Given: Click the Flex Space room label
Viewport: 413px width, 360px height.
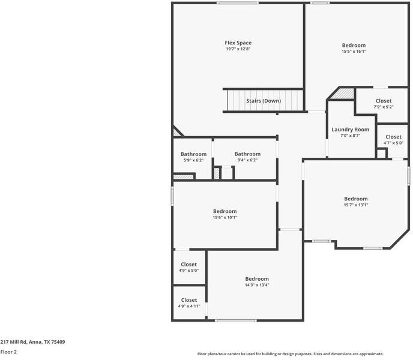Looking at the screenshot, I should pos(238,43).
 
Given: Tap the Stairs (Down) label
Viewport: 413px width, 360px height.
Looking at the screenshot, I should pos(263,101).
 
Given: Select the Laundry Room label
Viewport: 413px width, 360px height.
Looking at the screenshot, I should pos(350,129).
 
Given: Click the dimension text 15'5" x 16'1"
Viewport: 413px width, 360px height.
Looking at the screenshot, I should pos(354,52).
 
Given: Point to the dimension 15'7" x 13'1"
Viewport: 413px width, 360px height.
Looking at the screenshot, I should pos(355,205).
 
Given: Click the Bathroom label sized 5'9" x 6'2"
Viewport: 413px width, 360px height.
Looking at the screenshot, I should pos(193,154).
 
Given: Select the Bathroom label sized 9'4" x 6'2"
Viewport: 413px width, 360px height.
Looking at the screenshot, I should pos(247,154).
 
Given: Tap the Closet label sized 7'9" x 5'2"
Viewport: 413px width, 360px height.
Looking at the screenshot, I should pos(383,101).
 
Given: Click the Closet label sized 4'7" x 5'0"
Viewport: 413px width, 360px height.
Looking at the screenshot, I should pos(393,137).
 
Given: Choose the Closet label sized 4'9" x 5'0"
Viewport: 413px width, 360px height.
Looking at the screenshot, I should pos(188,264).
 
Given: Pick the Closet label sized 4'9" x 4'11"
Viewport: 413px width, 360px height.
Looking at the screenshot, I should pos(188,300).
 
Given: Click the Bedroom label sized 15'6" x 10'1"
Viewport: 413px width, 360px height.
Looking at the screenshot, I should pos(225,211).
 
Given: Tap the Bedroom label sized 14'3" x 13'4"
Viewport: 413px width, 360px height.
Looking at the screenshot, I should pos(257,279).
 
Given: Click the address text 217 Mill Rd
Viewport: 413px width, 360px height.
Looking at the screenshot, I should pos(32,342).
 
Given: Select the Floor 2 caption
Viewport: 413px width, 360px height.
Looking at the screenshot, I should pos(8,352).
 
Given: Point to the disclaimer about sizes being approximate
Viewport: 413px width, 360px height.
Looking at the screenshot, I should pos(291,354).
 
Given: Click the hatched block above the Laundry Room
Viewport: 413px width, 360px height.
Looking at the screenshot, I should pos(344,94).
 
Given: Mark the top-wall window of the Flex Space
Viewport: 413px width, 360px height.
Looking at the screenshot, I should pos(238,3).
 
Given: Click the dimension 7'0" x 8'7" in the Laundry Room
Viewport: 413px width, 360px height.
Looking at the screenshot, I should pos(350,136).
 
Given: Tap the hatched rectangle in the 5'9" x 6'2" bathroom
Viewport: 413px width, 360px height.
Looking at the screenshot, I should pos(184,177).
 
